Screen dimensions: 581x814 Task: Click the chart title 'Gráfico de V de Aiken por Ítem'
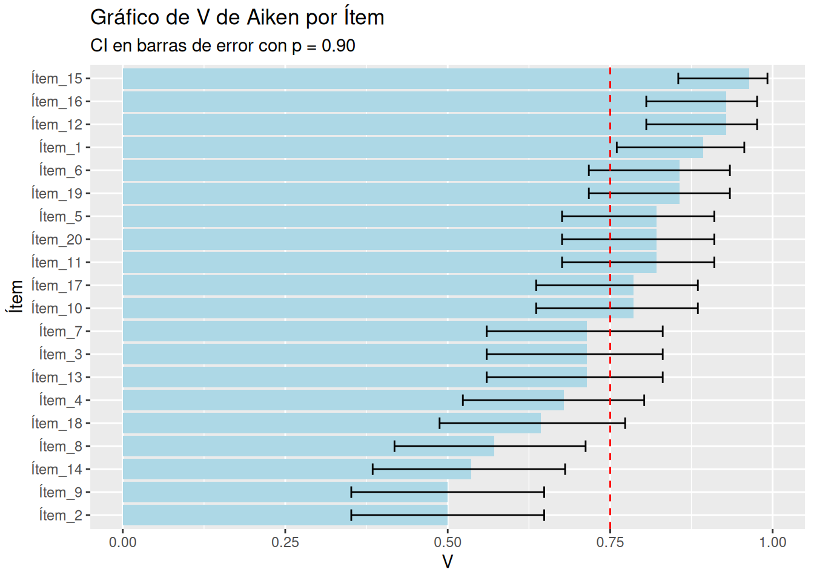(x=237, y=18)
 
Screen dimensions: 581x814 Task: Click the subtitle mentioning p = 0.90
(x=222, y=46)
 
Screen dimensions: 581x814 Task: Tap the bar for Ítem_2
(x=285, y=516)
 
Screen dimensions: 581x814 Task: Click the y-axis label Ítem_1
(x=60, y=148)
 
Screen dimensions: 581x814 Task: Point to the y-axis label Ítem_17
(x=56, y=286)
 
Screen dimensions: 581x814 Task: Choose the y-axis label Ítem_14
(x=56, y=470)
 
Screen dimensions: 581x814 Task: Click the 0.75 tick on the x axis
(x=609, y=542)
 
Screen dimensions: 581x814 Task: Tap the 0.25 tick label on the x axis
(x=285, y=542)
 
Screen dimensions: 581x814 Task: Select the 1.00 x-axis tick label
(x=772, y=542)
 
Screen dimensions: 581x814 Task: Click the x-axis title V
(x=447, y=562)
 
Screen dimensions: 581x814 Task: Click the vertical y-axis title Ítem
(x=16, y=297)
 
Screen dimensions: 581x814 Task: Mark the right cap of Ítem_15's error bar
(x=767, y=79)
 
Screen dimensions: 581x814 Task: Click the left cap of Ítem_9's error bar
(x=351, y=493)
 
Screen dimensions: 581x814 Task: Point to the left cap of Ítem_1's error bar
(x=617, y=148)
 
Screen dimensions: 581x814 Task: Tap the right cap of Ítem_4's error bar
(x=644, y=401)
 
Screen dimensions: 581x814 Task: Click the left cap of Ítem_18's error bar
(x=440, y=424)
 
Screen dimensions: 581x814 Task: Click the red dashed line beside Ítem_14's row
(x=610, y=470)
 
